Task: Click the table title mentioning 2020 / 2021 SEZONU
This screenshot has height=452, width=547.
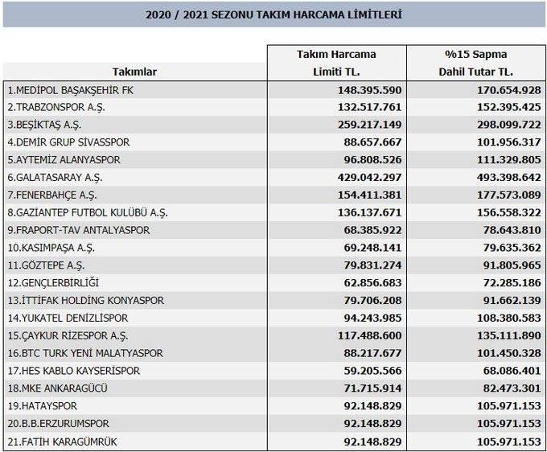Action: click(x=273, y=14)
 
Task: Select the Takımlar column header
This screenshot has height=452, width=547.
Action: click(x=134, y=72)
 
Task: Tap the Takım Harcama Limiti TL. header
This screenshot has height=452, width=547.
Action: click(x=336, y=63)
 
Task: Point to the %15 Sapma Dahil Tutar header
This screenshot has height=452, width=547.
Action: click(x=475, y=63)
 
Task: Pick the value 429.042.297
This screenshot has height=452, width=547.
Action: click(x=366, y=177)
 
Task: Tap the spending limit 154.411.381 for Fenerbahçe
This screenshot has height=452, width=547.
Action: click(x=366, y=195)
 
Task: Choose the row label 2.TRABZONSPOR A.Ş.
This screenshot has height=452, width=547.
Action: click(x=56, y=107)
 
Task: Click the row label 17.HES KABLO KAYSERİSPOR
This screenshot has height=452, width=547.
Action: click(x=73, y=371)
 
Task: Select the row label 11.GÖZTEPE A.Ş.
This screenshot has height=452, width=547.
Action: click(x=46, y=265)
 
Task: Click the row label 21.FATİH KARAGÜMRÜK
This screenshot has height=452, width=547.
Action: click(x=64, y=441)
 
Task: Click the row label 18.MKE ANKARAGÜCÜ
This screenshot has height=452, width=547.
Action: click(x=61, y=388)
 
